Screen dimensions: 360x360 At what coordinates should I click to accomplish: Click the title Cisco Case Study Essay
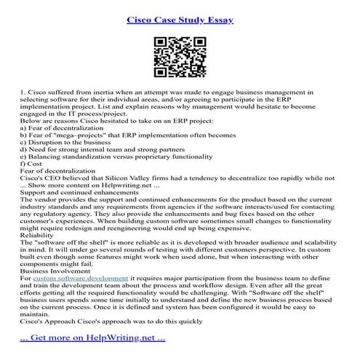(180, 16)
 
